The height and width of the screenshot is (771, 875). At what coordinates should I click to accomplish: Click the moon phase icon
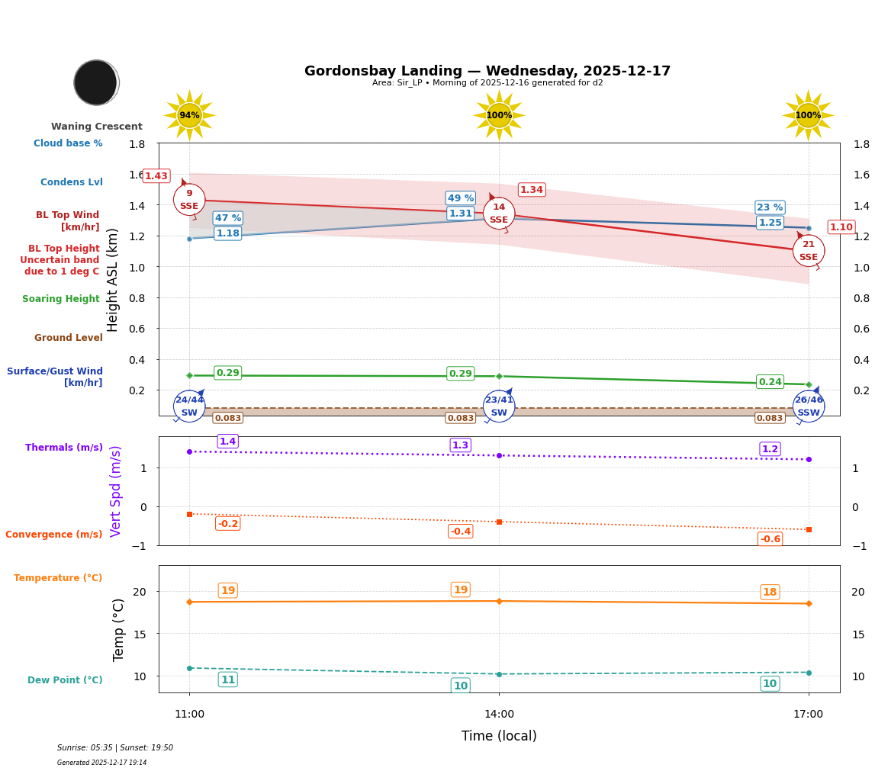pyautogui.click(x=96, y=82)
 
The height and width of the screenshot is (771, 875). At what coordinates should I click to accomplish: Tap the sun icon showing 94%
pyautogui.click(x=189, y=116)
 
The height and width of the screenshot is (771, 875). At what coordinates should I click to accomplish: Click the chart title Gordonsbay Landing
pyautogui.click(x=487, y=71)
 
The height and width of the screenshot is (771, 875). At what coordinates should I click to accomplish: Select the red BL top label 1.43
pyautogui.click(x=156, y=176)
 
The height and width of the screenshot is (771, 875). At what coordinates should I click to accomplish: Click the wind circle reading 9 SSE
pyautogui.click(x=189, y=200)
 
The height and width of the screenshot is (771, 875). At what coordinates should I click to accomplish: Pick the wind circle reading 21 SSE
pyautogui.click(x=808, y=251)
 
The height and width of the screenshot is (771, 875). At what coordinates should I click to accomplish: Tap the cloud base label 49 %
pyautogui.click(x=461, y=198)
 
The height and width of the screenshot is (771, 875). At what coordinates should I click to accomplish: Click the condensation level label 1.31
pyautogui.click(x=461, y=214)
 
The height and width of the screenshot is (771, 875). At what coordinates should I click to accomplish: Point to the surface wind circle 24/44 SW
pyautogui.click(x=189, y=406)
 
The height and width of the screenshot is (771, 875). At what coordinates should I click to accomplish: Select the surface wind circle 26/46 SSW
pyautogui.click(x=808, y=406)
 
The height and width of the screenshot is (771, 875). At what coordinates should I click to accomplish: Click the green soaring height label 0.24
pyautogui.click(x=770, y=382)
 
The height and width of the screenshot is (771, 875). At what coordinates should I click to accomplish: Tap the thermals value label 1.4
pyautogui.click(x=227, y=442)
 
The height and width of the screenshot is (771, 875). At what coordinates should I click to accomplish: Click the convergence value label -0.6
pyautogui.click(x=770, y=539)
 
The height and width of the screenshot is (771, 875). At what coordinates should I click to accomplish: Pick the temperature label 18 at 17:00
pyautogui.click(x=770, y=593)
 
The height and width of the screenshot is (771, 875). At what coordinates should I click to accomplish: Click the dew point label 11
pyautogui.click(x=227, y=679)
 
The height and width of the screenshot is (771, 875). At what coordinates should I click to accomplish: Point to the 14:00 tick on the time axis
pyautogui.click(x=499, y=715)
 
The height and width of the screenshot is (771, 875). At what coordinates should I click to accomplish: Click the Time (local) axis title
pyautogui.click(x=499, y=736)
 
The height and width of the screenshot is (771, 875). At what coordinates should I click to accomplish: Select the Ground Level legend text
pyautogui.click(x=68, y=338)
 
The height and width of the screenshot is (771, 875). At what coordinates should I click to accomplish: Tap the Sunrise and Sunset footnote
pyautogui.click(x=115, y=748)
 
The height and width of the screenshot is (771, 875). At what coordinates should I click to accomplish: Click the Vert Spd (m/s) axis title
pyautogui.click(x=116, y=490)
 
